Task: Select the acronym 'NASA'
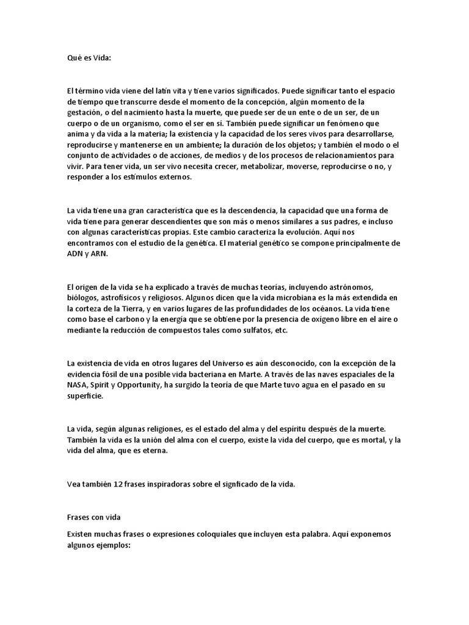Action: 77,385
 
